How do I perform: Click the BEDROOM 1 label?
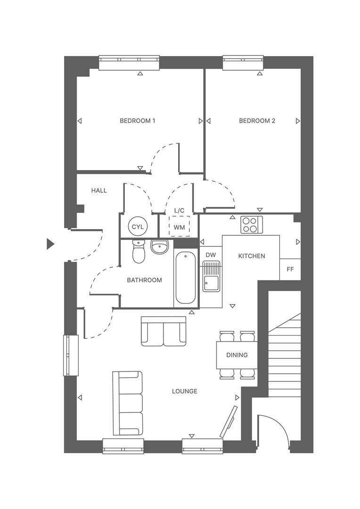click(137, 121)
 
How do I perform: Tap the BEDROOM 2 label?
click(257, 121)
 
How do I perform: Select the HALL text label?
click(99, 190)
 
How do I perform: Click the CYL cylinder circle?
click(138, 227)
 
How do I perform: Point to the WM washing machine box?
click(179, 227)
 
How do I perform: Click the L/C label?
click(179, 210)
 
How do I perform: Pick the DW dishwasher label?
click(211, 255)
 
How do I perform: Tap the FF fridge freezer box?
click(290, 270)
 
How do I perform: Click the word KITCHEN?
click(251, 256)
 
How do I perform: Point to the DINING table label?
click(237, 355)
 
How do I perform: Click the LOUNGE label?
click(184, 391)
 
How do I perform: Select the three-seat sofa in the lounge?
click(127, 403)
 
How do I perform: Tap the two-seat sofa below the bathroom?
click(164, 331)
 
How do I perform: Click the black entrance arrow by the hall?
click(50, 244)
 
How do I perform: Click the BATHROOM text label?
click(144, 280)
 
